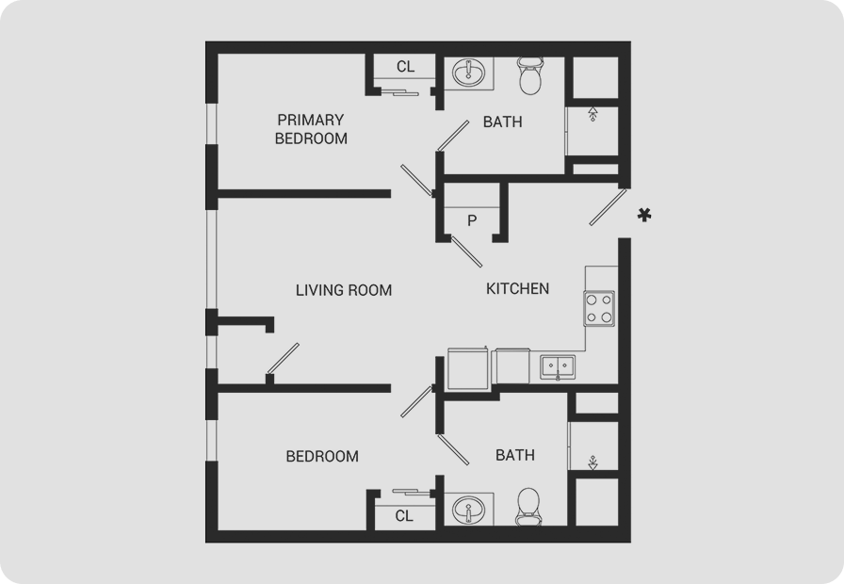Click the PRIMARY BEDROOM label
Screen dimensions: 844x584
[311, 129]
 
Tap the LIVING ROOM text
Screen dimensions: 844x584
[344, 290]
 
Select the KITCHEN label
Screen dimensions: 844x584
[517, 289]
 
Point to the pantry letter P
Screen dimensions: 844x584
[472, 220]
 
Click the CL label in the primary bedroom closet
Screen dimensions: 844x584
[405, 67]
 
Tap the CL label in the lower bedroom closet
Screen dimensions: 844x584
[404, 516]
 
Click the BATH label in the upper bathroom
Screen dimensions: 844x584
[502, 122]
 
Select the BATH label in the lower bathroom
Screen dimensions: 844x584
[514, 455]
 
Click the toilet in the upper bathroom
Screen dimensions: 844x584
[530, 76]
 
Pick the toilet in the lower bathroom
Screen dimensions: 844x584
[529, 507]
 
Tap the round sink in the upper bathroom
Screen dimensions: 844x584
[468, 73]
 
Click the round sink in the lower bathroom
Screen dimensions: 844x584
[468, 510]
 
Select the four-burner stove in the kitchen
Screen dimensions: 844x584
[600, 309]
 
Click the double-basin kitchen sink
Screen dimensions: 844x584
[558, 367]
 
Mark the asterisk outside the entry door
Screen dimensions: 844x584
[644, 216]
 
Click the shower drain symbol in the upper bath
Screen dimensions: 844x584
[592, 114]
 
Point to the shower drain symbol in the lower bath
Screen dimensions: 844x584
[592, 462]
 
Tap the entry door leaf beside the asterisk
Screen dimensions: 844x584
[609, 206]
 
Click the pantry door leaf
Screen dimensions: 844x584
[466, 251]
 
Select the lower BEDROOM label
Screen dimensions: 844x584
[322, 457]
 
